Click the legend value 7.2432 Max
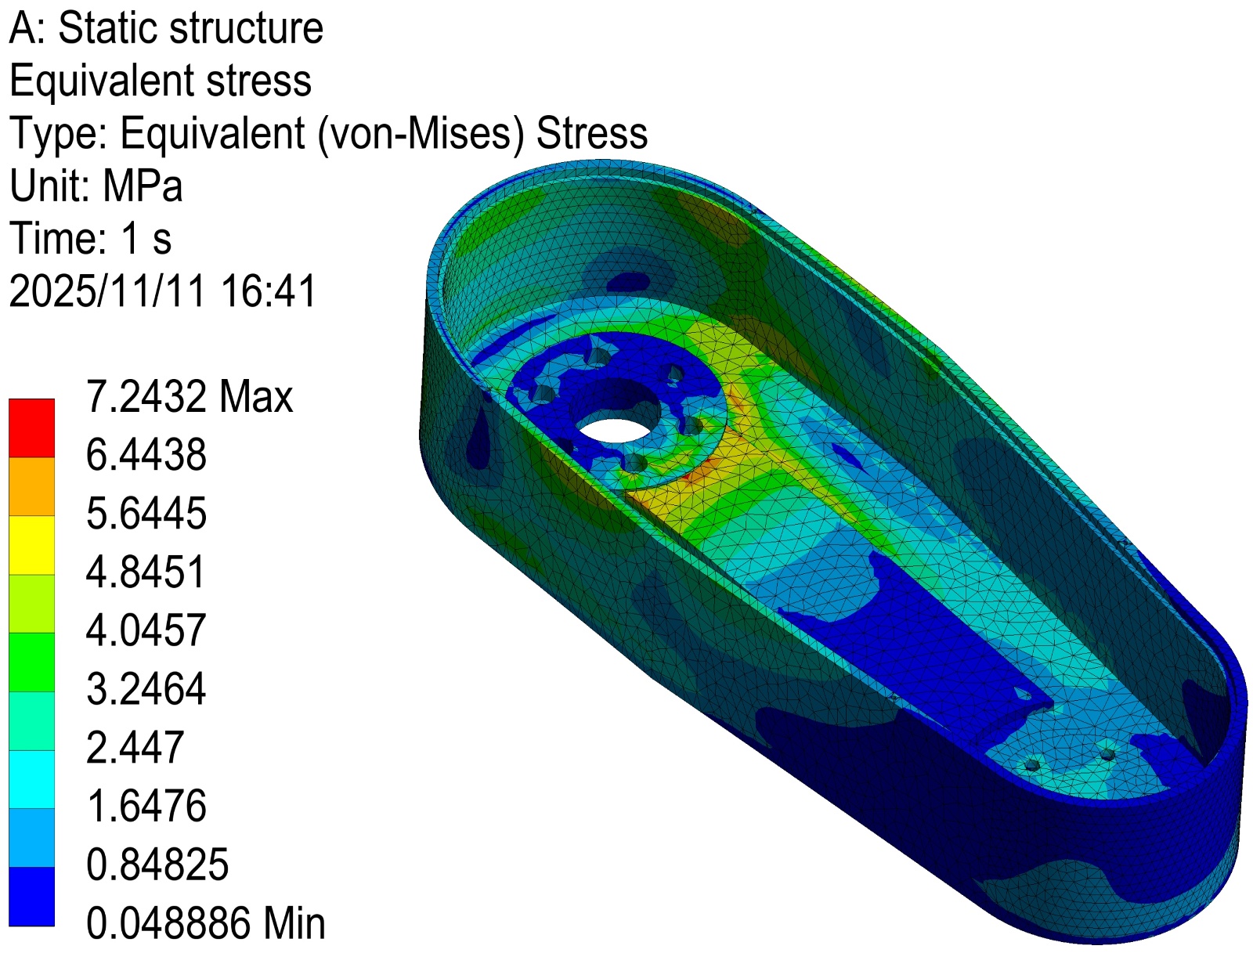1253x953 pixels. coord(190,396)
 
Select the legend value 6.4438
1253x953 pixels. coord(146,455)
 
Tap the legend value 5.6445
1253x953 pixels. coord(146,513)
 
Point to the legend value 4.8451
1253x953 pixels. coord(146,572)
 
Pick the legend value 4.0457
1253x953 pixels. coord(146,630)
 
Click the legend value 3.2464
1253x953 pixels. coord(146,689)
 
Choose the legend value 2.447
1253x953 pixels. coord(135,747)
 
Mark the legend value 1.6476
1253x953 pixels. coord(146,806)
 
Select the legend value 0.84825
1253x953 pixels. coord(157,865)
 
